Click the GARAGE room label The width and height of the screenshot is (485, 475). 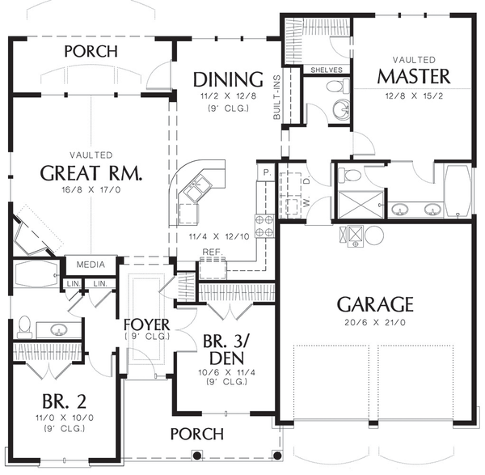coord(375,304)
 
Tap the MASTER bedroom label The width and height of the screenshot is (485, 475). coord(414,76)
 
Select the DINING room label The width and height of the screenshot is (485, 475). coord(228,79)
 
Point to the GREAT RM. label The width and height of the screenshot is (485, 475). coord(91,173)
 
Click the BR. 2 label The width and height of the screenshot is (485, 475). coord(65,401)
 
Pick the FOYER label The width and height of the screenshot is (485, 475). coord(146,324)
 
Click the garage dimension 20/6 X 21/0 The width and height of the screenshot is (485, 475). coord(375,323)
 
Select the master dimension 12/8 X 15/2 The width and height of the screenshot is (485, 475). coord(414,96)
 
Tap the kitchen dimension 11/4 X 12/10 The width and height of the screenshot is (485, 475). coord(219,237)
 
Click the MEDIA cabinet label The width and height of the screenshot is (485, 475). coord(91,265)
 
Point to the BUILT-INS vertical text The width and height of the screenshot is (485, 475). coord(276,97)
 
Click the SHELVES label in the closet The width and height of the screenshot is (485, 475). coord(327,70)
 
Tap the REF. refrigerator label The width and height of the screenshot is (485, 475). coord(213,252)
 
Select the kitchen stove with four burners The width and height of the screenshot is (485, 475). coord(264,226)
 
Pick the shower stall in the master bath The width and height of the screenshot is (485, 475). coord(361,205)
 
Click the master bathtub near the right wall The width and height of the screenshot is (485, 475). coord(458,190)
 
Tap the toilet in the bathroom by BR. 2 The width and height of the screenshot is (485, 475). coord(24,327)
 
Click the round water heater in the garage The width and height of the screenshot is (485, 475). coord(374,235)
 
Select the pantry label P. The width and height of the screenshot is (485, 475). coord(266,173)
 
